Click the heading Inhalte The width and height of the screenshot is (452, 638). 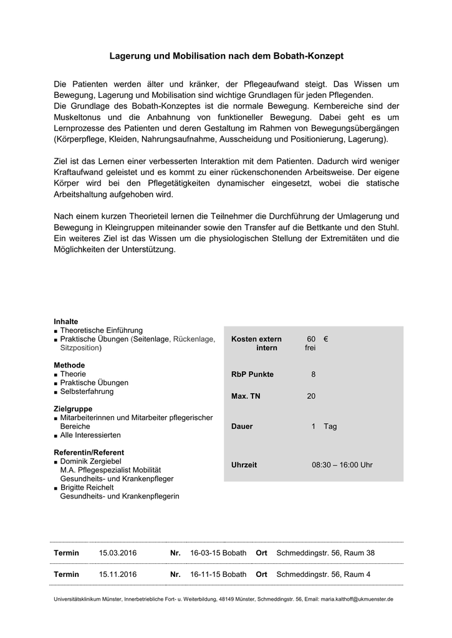(66, 321)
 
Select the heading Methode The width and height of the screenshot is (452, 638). (69, 365)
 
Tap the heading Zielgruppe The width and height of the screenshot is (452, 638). (73, 409)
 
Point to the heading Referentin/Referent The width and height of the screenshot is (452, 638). (89, 452)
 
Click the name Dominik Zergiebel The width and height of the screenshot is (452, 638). (90, 461)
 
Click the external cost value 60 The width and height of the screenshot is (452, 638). (311, 339)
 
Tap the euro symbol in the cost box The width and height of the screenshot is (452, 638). (326, 339)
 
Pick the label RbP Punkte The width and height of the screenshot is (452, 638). (252, 374)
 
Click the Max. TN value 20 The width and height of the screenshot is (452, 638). (311, 396)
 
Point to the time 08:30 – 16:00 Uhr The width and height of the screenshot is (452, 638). (342, 465)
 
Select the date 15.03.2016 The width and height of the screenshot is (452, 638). (117, 553)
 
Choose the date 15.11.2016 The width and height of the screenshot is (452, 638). (117, 574)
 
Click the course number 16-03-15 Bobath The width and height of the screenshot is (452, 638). (218, 553)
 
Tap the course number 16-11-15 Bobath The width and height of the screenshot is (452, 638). (218, 574)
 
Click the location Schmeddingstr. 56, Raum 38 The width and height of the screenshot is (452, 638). (325, 553)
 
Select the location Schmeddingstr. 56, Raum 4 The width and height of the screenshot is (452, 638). (323, 574)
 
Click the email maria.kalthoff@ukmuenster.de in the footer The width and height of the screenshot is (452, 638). (357, 599)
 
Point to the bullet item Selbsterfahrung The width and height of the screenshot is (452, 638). (87, 391)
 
